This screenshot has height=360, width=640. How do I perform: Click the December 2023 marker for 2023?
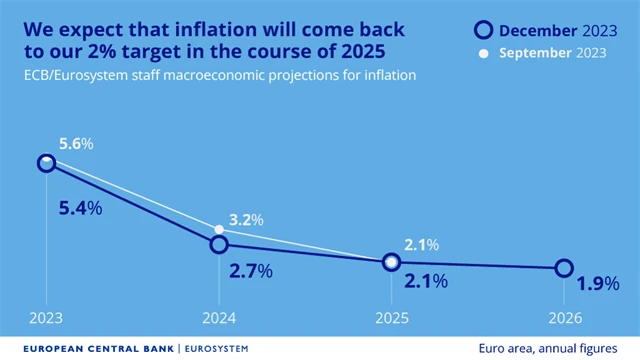pyautogui.click(x=46, y=163)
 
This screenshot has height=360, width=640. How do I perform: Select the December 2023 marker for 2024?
pyautogui.click(x=219, y=244)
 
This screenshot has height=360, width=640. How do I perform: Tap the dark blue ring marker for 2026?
pyautogui.click(x=564, y=268)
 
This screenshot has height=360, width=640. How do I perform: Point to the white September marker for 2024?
pyautogui.click(x=219, y=229)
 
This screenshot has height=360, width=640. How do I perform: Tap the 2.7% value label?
pyautogui.click(x=251, y=271)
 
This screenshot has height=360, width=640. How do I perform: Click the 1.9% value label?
pyautogui.click(x=597, y=284)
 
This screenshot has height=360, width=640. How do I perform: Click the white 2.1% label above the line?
pyautogui.click(x=421, y=244)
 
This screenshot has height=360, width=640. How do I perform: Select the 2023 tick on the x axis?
pyautogui.click(x=46, y=319)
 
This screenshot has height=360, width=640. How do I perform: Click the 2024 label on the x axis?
pyautogui.click(x=219, y=319)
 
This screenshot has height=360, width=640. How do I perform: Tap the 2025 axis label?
pyautogui.click(x=392, y=319)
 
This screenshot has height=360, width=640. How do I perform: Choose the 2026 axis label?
pyautogui.click(x=564, y=319)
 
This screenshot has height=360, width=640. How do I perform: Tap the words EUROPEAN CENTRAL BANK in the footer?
pyautogui.click(x=89, y=348)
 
